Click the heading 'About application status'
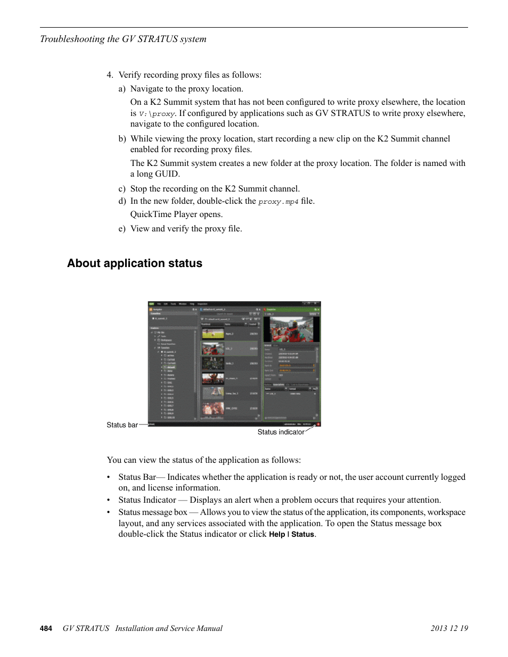pyautogui.click(x=135, y=263)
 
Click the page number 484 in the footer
pyautogui.click(x=46, y=628)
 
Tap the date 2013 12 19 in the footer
pyautogui.click(x=449, y=628)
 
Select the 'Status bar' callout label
pyautogui.click(x=122, y=425)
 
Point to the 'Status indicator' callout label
pyautogui.click(x=281, y=433)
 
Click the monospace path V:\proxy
pyautogui.click(x=157, y=114)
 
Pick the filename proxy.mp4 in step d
pyautogui.click(x=278, y=202)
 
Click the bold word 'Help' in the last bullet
pyautogui.click(x=277, y=535)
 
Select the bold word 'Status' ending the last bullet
pyautogui.click(x=302, y=535)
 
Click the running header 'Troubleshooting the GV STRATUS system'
pyautogui.click(x=123, y=39)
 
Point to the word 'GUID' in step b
pyautogui.click(x=167, y=174)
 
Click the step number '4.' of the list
pyautogui.click(x=110, y=75)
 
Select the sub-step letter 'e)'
pyautogui.click(x=122, y=229)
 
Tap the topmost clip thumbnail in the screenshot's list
pyautogui.click(x=213, y=333)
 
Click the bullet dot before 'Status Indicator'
pyautogui.click(x=109, y=500)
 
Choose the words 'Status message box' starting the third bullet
pyautogui.click(x=153, y=512)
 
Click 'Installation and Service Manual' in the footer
pyautogui.click(x=169, y=628)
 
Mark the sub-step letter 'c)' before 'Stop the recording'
pyautogui.click(x=122, y=189)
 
